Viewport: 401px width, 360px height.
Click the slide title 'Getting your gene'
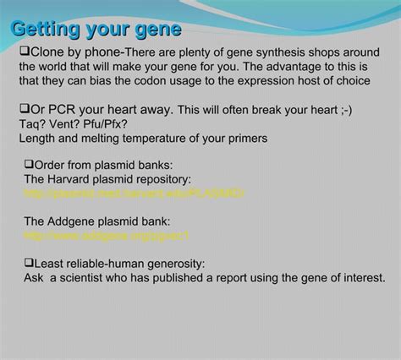click(x=96, y=30)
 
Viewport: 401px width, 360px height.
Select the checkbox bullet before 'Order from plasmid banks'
click(x=29, y=164)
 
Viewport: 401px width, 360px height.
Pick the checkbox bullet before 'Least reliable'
click(x=29, y=263)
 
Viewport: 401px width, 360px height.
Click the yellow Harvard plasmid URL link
click(x=134, y=194)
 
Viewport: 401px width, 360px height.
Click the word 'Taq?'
click(x=34, y=124)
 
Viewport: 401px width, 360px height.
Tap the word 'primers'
click(x=245, y=139)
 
